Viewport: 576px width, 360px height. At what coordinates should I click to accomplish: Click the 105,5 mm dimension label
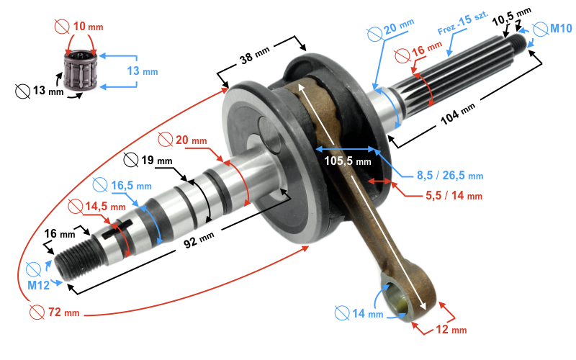348,161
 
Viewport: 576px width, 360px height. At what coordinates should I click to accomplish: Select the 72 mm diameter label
64,312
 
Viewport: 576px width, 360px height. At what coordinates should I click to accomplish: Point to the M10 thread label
560,29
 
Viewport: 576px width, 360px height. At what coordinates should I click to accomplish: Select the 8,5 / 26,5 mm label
450,175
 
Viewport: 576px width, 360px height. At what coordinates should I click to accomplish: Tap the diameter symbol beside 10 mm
62,27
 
